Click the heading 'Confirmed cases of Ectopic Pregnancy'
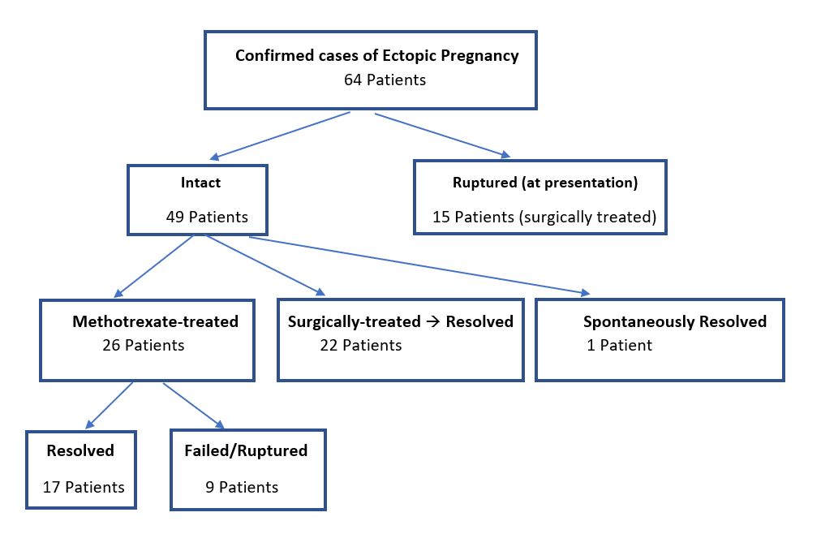[x=377, y=56]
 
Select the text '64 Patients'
[x=385, y=80]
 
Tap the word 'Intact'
[x=200, y=182]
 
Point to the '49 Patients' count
[x=207, y=217]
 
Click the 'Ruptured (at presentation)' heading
[x=545, y=183]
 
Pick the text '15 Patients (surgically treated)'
[x=544, y=217]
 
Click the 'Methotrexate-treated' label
[x=155, y=321]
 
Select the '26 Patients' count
[x=144, y=345]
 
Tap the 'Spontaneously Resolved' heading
[x=675, y=321]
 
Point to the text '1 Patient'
[x=620, y=345]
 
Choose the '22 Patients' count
[x=361, y=345]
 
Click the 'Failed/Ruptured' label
[x=246, y=450]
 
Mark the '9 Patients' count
[x=242, y=488]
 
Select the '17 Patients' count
[x=84, y=488]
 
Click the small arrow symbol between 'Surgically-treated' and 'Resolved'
[x=433, y=321]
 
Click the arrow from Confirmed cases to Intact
[x=280, y=136]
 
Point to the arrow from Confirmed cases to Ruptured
[x=442, y=135]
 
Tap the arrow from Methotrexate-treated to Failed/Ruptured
[x=194, y=407]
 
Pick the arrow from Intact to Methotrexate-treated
[x=153, y=266]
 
